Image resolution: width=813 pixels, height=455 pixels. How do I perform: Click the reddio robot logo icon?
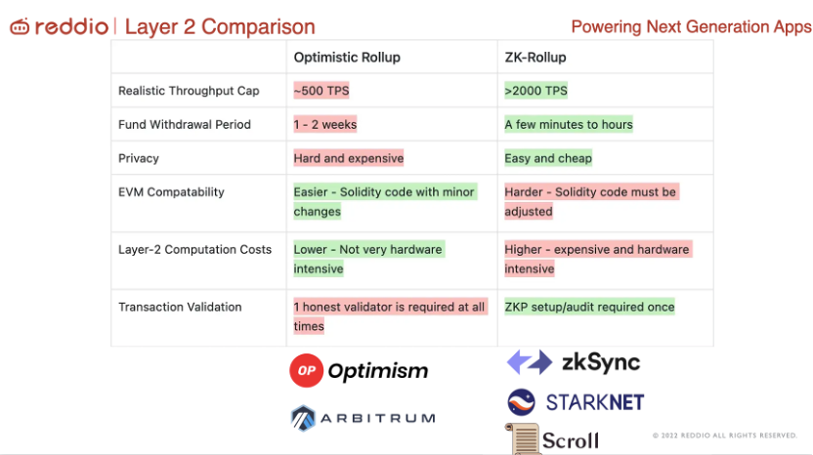click(x=20, y=26)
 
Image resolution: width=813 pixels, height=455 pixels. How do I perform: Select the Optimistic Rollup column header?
click(x=347, y=57)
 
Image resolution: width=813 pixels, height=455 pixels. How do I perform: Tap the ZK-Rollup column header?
click(x=535, y=57)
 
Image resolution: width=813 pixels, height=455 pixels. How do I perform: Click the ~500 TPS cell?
click(x=321, y=91)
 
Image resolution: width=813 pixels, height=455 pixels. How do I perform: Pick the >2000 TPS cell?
click(x=536, y=91)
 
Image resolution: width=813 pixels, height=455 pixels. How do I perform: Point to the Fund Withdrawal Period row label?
click(x=185, y=124)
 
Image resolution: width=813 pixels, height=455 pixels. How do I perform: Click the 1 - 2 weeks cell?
click(x=325, y=124)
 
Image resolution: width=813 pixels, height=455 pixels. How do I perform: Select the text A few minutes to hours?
click(x=569, y=124)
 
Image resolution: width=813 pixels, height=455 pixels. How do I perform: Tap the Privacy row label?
click(x=139, y=158)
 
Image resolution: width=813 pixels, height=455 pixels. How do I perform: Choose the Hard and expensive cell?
click(x=349, y=158)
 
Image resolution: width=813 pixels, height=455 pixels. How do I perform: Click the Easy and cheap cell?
click(x=548, y=158)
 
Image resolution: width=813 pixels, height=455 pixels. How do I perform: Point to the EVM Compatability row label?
click(x=171, y=192)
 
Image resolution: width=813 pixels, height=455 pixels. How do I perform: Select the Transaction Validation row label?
click(x=180, y=307)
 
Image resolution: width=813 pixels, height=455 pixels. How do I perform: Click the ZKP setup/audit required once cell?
click(x=589, y=307)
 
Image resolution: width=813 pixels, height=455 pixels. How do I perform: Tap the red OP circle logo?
click(x=307, y=370)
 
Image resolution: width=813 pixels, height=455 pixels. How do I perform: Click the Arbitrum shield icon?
click(x=303, y=418)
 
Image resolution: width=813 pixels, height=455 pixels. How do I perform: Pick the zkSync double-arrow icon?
click(x=530, y=361)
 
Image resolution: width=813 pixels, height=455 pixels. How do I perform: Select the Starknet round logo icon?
click(x=521, y=402)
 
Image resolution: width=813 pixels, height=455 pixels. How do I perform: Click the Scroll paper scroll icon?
click(x=522, y=439)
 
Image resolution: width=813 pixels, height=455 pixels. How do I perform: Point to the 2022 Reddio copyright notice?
click(x=725, y=435)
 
